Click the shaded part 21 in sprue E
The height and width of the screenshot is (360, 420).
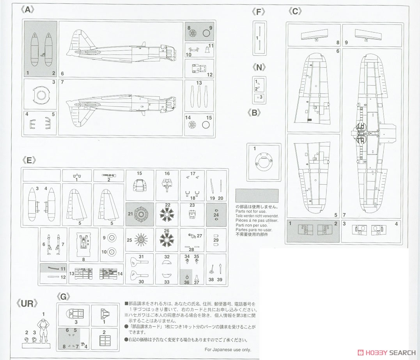[140, 214]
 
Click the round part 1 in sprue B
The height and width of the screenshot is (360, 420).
[263, 161]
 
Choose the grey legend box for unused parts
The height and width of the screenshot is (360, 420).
[257, 196]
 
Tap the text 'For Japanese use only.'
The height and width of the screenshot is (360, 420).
[228, 350]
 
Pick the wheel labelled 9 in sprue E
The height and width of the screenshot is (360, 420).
[111, 237]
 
